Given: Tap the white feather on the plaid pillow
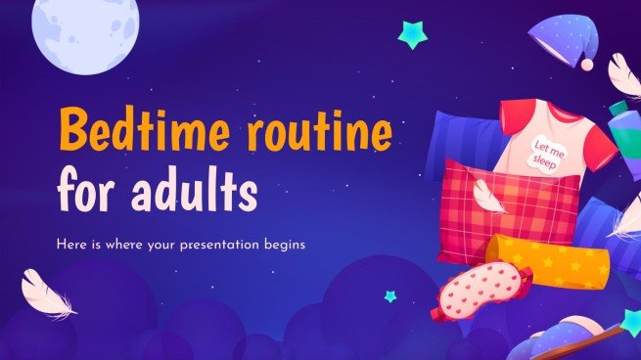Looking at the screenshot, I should [486, 197].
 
